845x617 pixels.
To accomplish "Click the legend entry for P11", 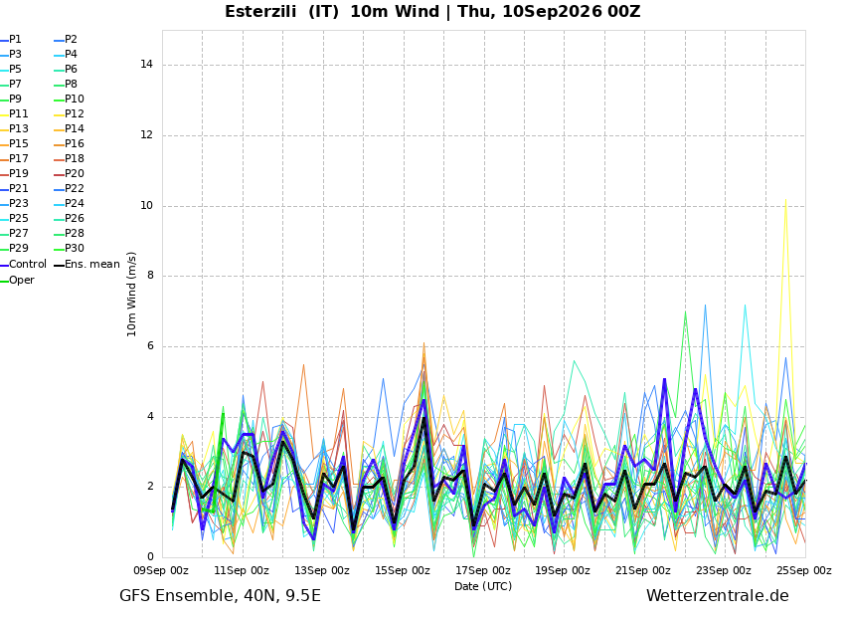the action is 15,113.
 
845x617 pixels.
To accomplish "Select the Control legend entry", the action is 24,265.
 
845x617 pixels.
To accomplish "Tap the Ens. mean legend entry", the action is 87,265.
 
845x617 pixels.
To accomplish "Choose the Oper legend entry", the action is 17,280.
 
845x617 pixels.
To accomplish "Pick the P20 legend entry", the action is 70,174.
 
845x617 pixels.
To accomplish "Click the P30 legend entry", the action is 70,248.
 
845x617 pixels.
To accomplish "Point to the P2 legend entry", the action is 66,40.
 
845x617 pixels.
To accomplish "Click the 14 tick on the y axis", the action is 146,64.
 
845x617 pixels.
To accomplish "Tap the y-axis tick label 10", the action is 146,205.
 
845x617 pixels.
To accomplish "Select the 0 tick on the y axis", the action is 150,556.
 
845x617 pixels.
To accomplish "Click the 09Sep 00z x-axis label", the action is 162,570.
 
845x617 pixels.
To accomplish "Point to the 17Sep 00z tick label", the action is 483,570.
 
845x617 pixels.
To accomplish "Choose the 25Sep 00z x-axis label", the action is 804,570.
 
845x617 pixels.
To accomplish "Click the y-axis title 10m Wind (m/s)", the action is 131,294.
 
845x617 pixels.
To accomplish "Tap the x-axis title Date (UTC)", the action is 483,586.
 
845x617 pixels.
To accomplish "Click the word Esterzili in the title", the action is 260,11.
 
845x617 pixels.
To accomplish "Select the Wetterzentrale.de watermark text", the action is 718,596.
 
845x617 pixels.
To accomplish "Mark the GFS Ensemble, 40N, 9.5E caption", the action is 220,596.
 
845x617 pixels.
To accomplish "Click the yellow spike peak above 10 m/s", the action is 785,199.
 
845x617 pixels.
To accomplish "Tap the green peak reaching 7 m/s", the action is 685,311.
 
